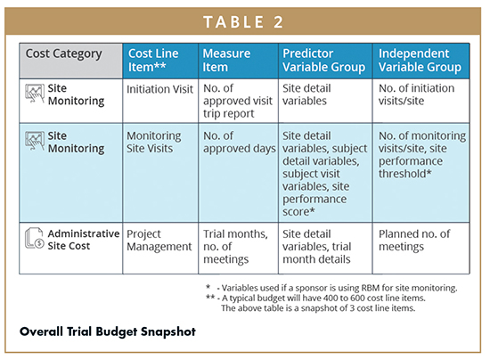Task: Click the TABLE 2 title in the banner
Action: click(x=243, y=22)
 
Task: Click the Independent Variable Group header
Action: click(x=420, y=60)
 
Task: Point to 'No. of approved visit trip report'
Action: click(x=238, y=101)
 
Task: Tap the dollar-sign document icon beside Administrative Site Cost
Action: click(x=34, y=238)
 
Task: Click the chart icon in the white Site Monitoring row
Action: click(x=35, y=94)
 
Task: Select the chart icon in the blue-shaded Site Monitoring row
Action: click(x=35, y=141)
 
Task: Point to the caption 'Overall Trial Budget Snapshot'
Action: click(x=108, y=331)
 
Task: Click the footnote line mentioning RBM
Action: click(x=331, y=288)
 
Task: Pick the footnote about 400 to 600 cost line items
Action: click(x=315, y=303)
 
